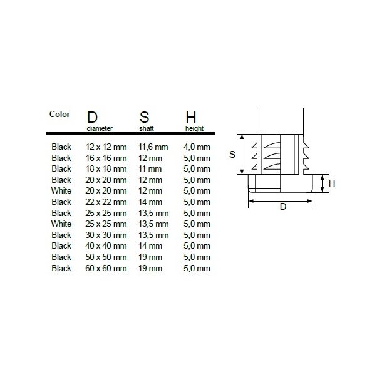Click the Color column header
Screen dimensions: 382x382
(59, 115)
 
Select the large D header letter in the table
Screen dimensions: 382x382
(92, 118)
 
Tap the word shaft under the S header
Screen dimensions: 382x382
(145, 128)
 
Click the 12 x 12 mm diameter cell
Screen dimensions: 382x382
(106, 147)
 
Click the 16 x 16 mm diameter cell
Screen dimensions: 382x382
(106, 158)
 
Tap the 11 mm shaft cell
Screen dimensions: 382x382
(150, 168)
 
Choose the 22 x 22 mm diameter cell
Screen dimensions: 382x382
(106, 202)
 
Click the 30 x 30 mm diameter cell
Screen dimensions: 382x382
(106, 235)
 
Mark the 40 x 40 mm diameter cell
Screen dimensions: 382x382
(106, 245)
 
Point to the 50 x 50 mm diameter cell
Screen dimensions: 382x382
(106, 257)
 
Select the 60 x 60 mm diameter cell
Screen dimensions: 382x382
(106, 268)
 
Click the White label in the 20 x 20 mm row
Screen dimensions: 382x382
(61, 190)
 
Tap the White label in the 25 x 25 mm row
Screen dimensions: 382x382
(61, 224)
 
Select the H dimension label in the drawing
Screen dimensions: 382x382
(333, 183)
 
